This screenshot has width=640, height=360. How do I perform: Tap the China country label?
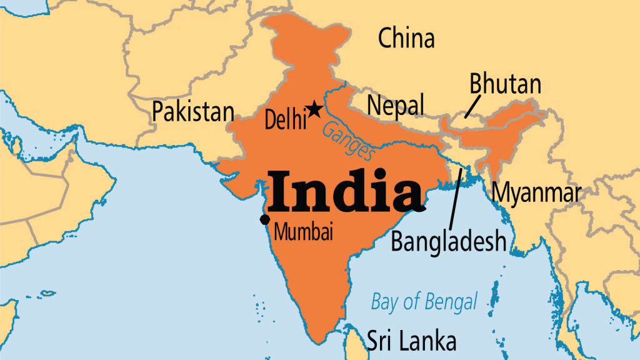point(406,39)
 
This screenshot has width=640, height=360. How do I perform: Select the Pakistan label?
point(193,112)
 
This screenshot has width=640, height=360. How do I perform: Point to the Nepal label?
point(395,105)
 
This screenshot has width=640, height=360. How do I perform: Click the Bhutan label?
point(505,84)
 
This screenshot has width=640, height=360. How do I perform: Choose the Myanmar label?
point(536,193)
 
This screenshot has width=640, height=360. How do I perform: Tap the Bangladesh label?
point(448,241)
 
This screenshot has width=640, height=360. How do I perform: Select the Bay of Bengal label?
point(424,301)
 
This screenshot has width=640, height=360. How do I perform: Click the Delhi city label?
point(285,119)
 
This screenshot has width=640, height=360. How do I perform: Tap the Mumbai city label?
point(304,232)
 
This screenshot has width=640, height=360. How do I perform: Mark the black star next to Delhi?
point(314,110)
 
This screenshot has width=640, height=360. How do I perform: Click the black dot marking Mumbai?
point(265,219)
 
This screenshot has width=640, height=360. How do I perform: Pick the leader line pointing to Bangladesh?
point(456,197)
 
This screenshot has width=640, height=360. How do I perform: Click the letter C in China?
point(387,39)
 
